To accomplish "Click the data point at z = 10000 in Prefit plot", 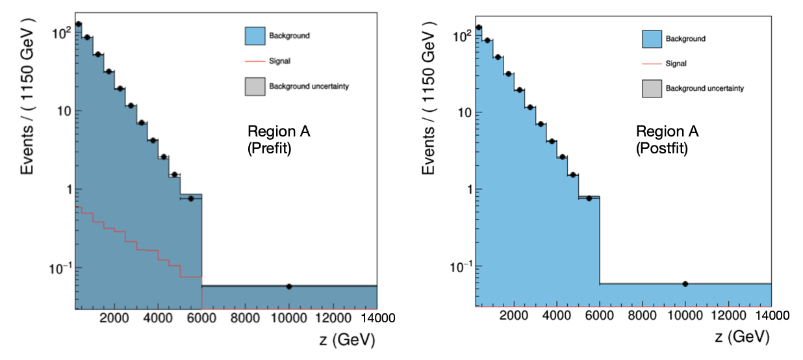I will coord(289,287).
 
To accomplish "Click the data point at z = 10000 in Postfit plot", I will coord(685,284).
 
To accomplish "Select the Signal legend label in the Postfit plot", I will coord(676,64).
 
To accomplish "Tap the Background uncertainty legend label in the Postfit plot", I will coord(704,88).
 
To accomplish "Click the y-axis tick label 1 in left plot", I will coord(63,190).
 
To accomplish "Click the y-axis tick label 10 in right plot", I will coord(459,112).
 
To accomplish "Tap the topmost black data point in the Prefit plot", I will coord(78,24).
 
